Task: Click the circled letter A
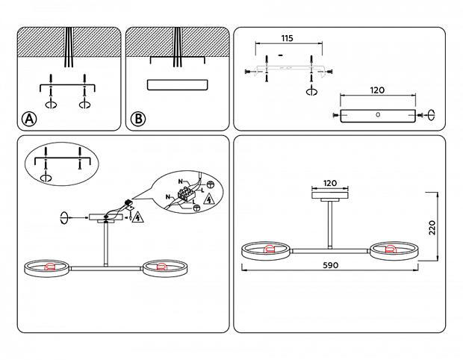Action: click(28, 119)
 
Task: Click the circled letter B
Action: click(137, 119)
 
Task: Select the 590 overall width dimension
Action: click(330, 265)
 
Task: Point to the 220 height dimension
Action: click(432, 226)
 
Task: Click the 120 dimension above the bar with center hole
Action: click(377, 90)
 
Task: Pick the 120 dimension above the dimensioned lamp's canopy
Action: click(330, 183)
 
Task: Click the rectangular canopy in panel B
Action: click(177, 84)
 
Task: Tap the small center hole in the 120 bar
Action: click(377, 115)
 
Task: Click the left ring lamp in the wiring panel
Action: click(47, 267)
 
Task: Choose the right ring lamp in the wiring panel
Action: click(163, 267)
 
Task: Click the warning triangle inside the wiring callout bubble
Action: click(209, 199)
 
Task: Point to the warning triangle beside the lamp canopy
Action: click(137, 217)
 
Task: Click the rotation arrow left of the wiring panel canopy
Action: click(65, 218)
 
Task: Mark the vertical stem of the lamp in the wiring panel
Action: click(106, 243)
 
